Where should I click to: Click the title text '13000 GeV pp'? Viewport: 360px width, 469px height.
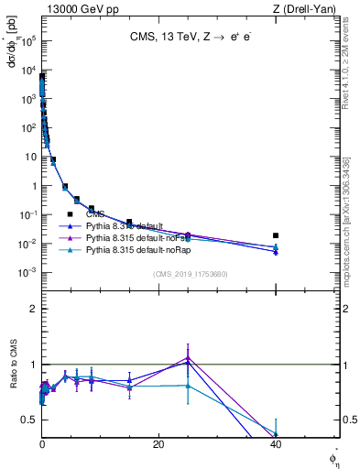coord(77,8)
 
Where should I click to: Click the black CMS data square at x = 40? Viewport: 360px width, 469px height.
coord(276,235)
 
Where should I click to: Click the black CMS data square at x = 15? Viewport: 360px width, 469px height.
coord(129,223)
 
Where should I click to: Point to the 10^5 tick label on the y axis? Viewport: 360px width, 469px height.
coord(29,41)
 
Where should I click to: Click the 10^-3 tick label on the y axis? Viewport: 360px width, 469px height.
coord(29,273)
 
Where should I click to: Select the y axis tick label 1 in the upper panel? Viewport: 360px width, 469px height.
coord(33,186)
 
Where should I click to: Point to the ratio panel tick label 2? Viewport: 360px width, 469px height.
coord(33,309)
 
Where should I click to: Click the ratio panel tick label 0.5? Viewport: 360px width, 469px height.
coord(30,420)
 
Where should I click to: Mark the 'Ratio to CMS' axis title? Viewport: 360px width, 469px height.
coord(14,387)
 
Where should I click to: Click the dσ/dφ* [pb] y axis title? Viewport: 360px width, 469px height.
coord(13,43)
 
